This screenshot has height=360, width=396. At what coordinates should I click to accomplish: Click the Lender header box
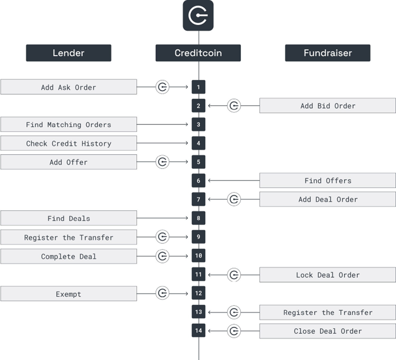pyautogui.click(x=68, y=53)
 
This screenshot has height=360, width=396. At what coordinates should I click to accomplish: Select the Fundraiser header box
pyautogui.click(x=328, y=53)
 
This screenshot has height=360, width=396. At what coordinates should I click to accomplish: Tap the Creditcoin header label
pyautogui.click(x=198, y=53)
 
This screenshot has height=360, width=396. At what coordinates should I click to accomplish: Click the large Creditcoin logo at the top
pyautogui.click(x=198, y=15)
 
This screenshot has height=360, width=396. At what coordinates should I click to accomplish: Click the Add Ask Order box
pyautogui.click(x=69, y=87)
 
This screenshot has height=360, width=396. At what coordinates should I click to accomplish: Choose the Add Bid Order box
pyautogui.click(x=328, y=106)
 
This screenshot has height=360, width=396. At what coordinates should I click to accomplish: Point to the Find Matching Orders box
pyautogui.click(x=69, y=124)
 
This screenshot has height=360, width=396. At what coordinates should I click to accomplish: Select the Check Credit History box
pyautogui.click(x=69, y=143)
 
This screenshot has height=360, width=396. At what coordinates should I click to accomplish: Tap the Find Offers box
pyautogui.click(x=328, y=180)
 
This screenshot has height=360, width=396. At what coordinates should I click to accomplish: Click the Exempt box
pyautogui.click(x=69, y=294)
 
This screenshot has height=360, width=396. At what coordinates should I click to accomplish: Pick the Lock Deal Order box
pyautogui.click(x=328, y=275)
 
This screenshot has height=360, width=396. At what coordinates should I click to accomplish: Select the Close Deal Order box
pyautogui.click(x=328, y=331)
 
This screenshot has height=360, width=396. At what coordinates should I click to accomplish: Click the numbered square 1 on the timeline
pyautogui.click(x=198, y=87)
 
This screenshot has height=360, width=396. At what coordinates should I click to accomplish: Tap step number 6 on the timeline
pyautogui.click(x=198, y=180)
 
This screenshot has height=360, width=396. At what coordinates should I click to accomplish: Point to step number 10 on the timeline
pyautogui.click(x=198, y=255)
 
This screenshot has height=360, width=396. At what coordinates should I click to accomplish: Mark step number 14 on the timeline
pyautogui.click(x=198, y=330)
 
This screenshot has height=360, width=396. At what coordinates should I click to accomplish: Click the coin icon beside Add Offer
pyautogui.click(x=162, y=162)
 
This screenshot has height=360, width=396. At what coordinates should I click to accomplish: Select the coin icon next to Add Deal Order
pyautogui.click(x=234, y=199)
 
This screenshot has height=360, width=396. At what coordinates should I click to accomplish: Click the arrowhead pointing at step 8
pyautogui.click(x=187, y=218)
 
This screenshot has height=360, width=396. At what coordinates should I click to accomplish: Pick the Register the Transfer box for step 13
pyautogui.click(x=328, y=312)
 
